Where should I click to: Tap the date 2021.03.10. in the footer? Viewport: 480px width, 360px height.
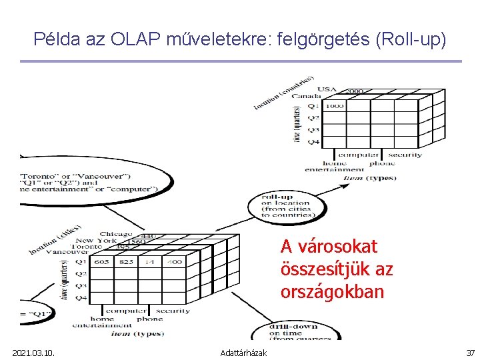coord(33,353)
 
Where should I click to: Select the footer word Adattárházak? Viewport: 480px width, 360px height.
coord(244,353)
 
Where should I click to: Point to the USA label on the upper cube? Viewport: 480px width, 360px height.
coord(327,89)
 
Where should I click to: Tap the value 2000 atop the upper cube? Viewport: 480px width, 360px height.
coord(355,91)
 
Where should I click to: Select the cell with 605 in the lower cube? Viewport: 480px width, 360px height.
coord(102,262)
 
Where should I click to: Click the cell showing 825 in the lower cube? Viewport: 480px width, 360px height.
coord(126,262)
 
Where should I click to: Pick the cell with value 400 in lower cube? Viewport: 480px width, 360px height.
coord(173,262)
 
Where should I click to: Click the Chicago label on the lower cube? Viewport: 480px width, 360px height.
coord(115,234)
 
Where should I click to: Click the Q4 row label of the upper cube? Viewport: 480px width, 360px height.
coord(313,141)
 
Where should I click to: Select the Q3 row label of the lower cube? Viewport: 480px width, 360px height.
coord(80,285)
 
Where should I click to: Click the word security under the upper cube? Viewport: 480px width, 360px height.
coord(405,155)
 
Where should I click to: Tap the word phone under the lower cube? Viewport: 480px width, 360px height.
coord(149,319)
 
